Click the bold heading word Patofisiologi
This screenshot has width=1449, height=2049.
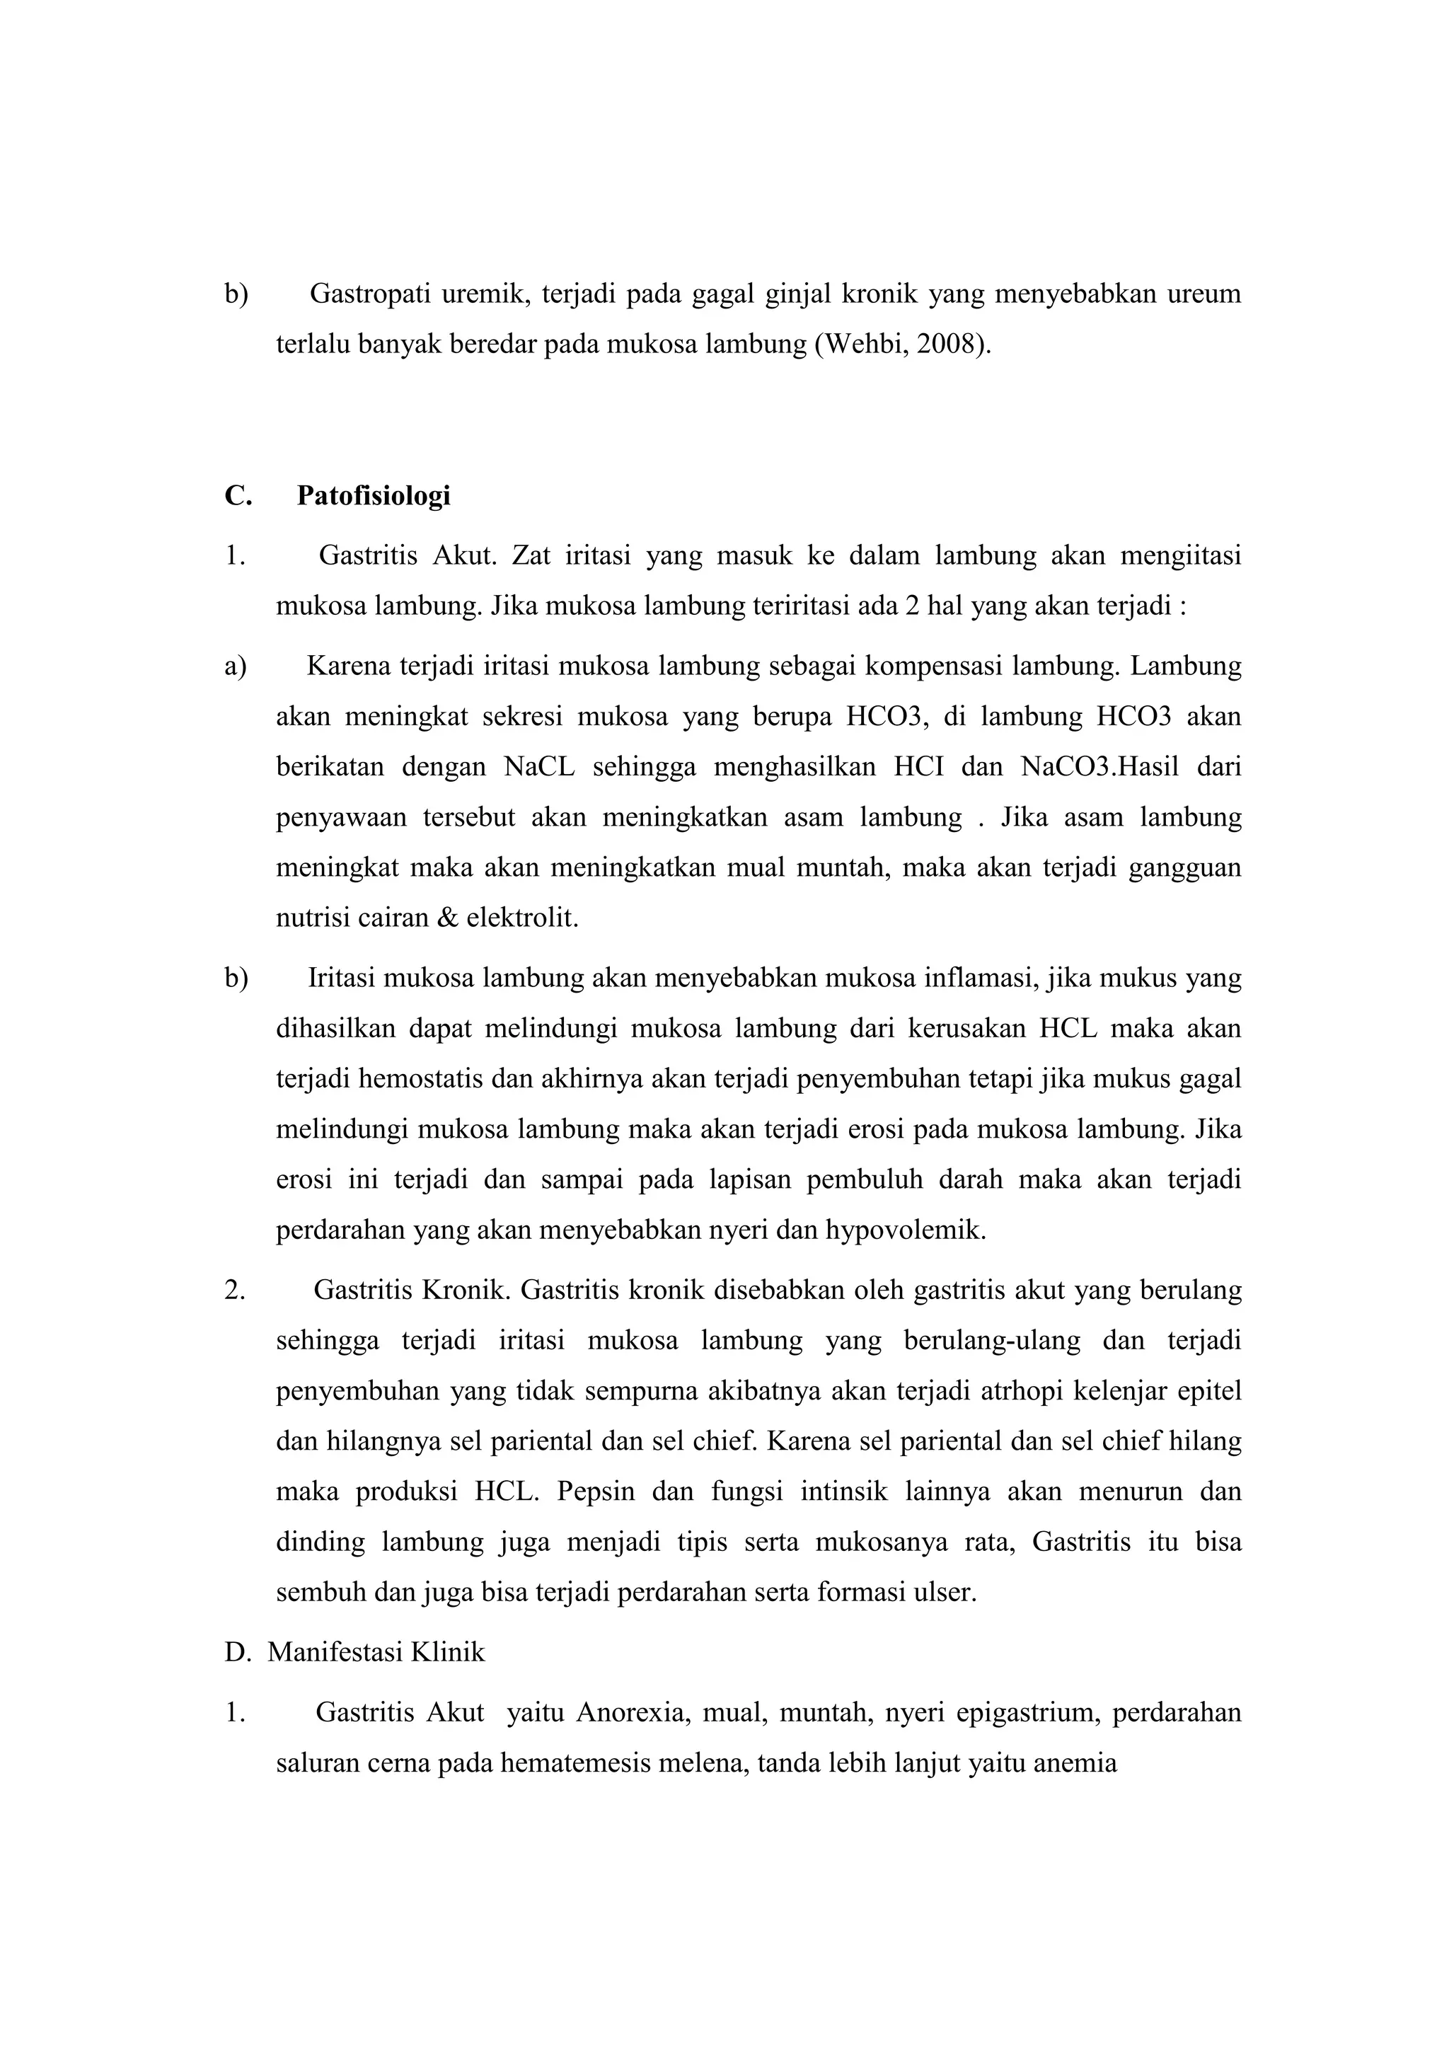click(x=373, y=495)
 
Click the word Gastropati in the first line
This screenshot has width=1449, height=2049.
click(x=369, y=294)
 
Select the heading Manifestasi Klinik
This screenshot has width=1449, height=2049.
click(x=376, y=1652)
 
